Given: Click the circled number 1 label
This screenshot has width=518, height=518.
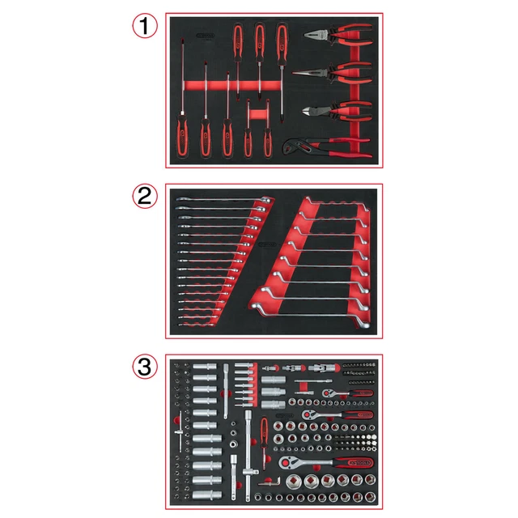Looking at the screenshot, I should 143,25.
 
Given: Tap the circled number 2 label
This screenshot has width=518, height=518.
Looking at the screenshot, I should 143,195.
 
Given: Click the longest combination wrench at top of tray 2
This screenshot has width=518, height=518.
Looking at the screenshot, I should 219,199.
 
